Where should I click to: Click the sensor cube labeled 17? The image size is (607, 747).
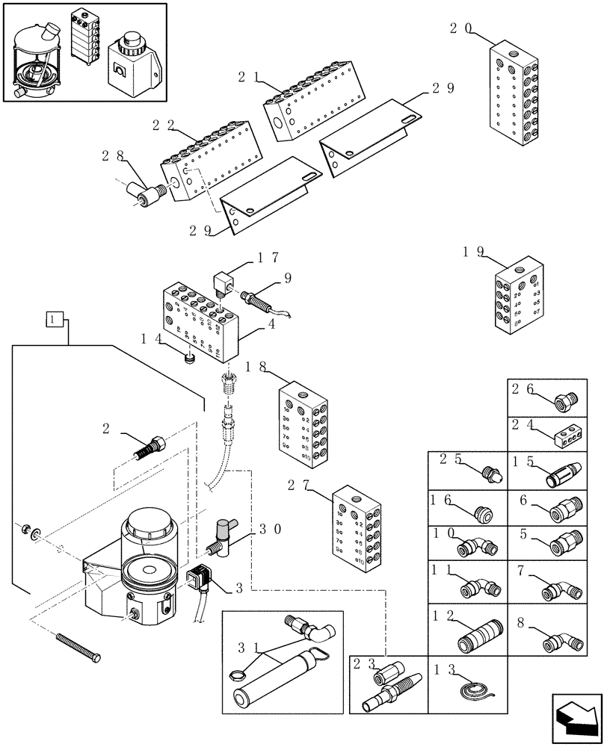pyautogui.click(x=223, y=284)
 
